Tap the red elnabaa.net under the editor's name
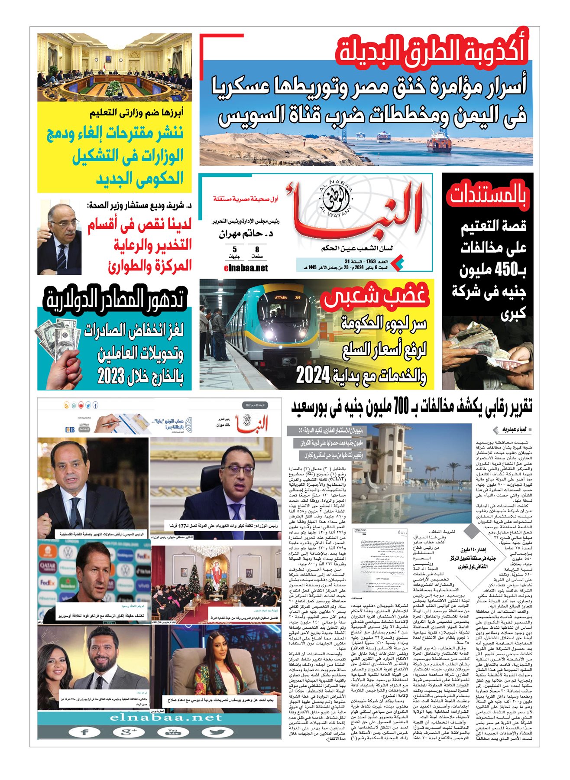point(246,268)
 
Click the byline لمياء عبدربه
point(514,429)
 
